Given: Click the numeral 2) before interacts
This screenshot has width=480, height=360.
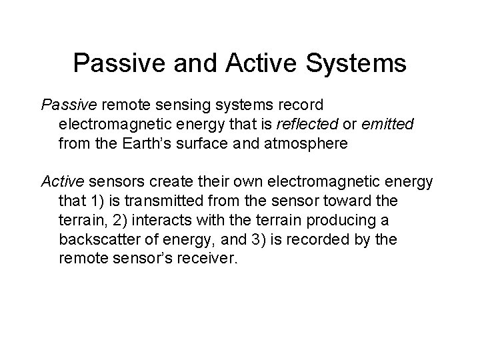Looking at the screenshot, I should point(115,219).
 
